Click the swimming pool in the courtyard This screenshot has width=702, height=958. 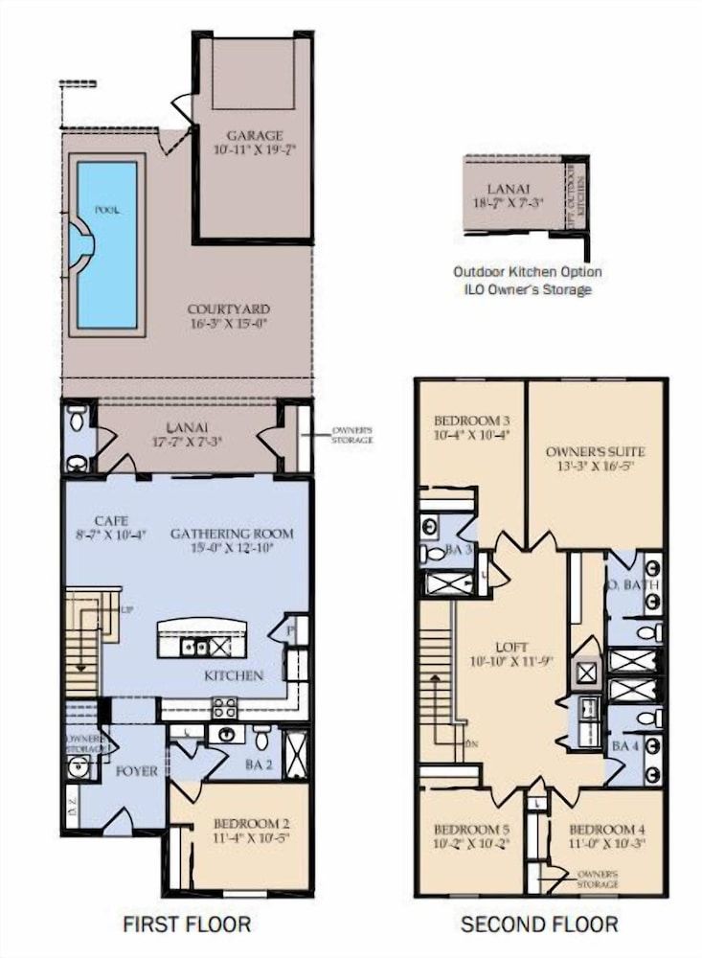(106, 244)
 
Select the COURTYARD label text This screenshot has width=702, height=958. (228, 309)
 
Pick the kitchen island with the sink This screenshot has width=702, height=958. (201, 640)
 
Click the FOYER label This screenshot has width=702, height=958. (136, 769)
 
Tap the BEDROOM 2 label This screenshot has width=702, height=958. (240, 823)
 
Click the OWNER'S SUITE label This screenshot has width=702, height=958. (595, 451)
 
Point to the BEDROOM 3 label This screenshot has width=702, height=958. (470, 421)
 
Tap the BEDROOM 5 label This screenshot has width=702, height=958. (470, 829)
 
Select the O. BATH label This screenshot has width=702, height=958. (627, 584)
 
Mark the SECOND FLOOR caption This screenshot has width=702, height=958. (539, 924)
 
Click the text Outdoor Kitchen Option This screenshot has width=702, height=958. (528, 272)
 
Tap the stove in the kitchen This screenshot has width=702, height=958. (224, 708)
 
